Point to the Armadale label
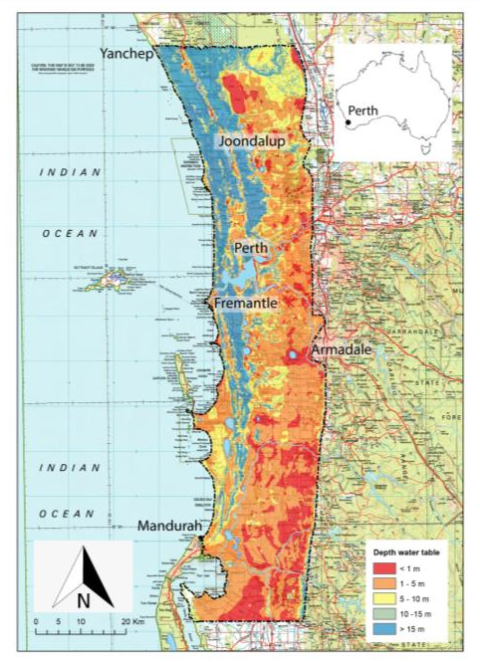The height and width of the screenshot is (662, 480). pyautogui.click(x=345, y=351)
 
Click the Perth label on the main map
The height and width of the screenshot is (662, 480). pyautogui.click(x=251, y=247)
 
